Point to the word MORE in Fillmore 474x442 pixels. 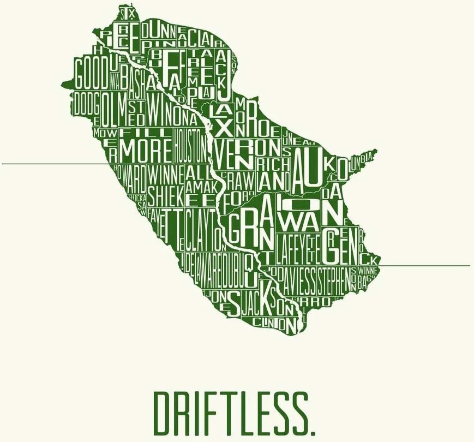point(146,149)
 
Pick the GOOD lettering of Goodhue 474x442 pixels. point(92,75)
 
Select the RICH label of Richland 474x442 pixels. point(269,164)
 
